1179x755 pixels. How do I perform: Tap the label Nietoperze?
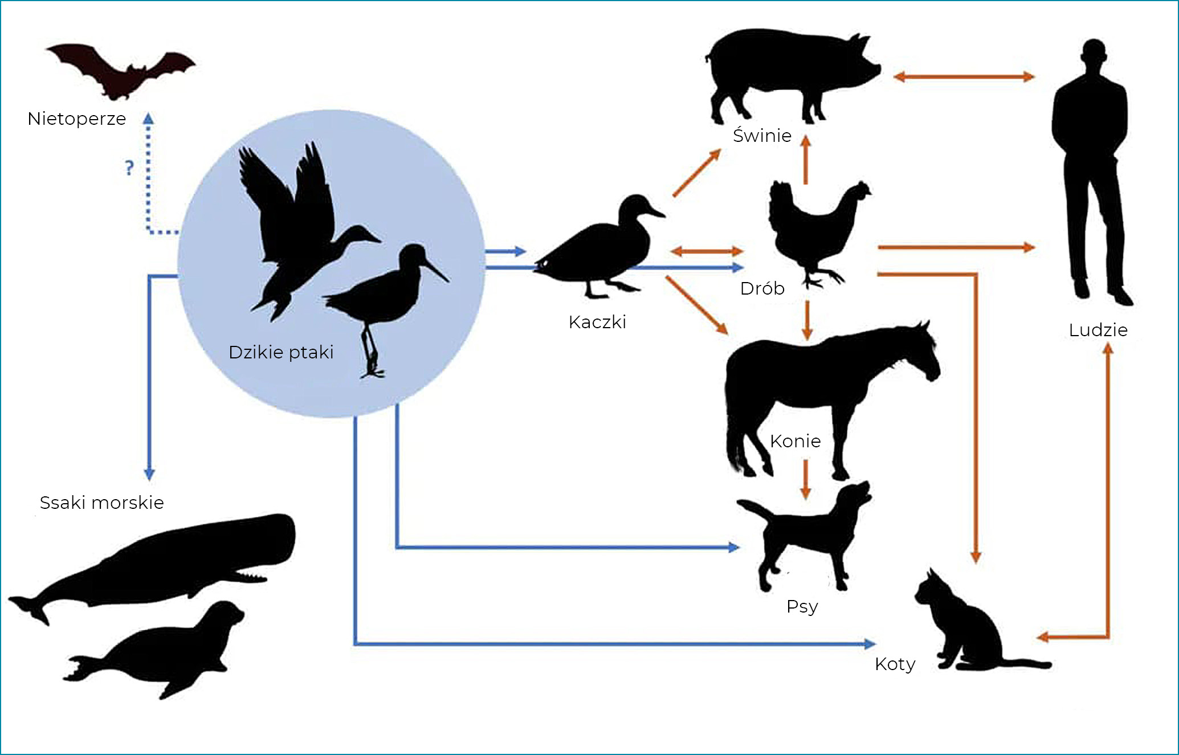point(77,119)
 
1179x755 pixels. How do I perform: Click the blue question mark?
point(129,168)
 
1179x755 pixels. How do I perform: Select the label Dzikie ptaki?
point(281,352)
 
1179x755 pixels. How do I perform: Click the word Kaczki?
point(597,322)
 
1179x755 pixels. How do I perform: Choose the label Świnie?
point(762,136)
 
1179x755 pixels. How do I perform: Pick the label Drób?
point(762,288)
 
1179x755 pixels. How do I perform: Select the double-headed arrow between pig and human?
point(964,76)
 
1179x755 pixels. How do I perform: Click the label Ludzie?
point(1098,330)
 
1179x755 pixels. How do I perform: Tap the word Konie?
point(795,441)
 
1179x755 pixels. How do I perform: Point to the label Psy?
point(802,606)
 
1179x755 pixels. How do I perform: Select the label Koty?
point(895,664)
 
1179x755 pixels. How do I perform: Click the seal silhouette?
point(165,650)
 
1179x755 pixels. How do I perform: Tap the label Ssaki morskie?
point(102,503)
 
